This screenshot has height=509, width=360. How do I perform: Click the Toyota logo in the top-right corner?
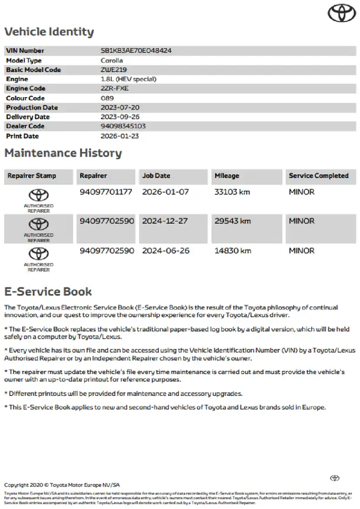click(339, 12)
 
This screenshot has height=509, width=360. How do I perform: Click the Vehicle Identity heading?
click(49, 32)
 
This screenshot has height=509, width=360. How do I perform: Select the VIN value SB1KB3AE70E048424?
click(136, 51)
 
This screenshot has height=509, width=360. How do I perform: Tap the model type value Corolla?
click(112, 60)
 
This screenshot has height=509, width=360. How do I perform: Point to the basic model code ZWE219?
click(114, 70)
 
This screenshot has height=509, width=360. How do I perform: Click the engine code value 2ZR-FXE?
click(114, 88)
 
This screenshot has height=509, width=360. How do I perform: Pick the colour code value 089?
click(108, 98)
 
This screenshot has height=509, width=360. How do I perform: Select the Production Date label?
click(32, 107)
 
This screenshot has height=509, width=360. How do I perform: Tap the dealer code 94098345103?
click(123, 126)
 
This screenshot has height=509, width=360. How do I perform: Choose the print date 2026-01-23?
click(120, 135)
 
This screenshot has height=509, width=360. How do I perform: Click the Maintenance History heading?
click(63, 153)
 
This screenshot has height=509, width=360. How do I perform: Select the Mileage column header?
click(227, 176)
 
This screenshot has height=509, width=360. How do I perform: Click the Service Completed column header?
click(319, 176)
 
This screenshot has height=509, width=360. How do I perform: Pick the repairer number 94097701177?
click(107, 192)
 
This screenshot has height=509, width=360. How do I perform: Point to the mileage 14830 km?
click(232, 251)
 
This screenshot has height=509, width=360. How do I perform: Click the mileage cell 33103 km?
click(232, 192)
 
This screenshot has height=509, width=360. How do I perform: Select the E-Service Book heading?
click(48, 292)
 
